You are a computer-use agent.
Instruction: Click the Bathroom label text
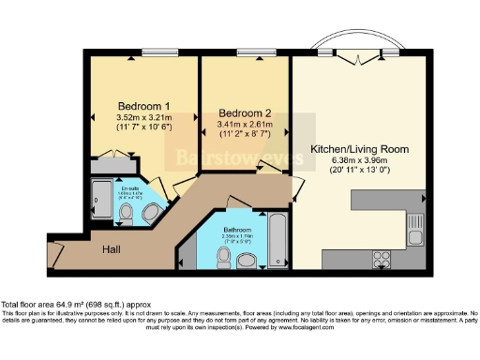pyautogui.click(x=234, y=229)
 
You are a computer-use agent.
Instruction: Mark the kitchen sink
pyautogui.click(x=414, y=222)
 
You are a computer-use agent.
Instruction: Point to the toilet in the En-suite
pyautogui.click(x=127, y=213)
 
